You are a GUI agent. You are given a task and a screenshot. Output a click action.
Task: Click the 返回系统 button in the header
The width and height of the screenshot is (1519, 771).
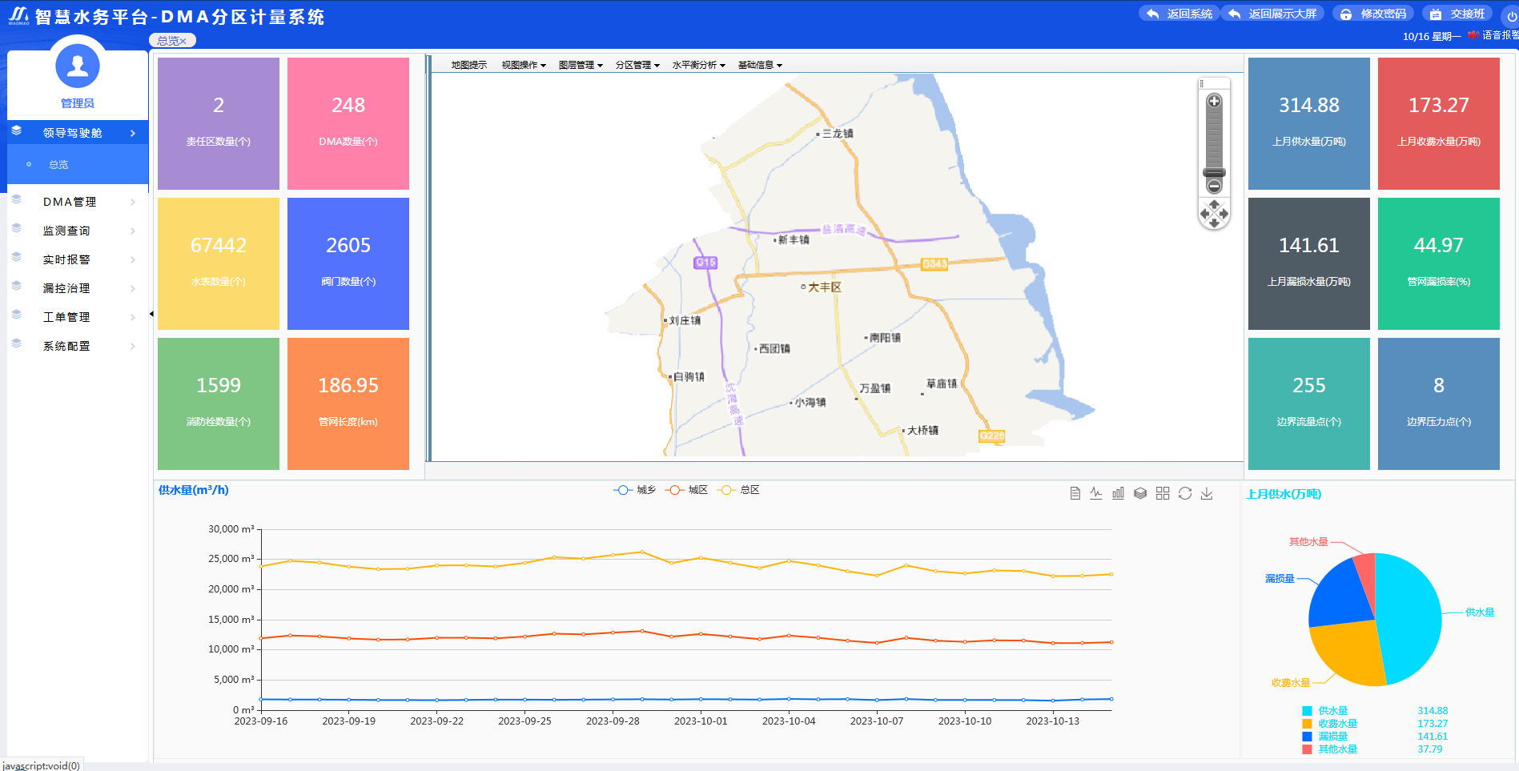[1179, 14]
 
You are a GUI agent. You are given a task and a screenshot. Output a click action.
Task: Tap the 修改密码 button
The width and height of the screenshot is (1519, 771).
[1374, 14]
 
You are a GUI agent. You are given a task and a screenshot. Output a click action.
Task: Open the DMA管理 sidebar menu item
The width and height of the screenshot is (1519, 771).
[70, 202]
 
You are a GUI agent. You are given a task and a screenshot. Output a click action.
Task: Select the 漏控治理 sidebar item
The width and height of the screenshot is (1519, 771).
[66, 288]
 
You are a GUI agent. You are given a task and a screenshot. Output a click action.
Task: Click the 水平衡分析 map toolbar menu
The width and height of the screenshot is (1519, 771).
[698, 65]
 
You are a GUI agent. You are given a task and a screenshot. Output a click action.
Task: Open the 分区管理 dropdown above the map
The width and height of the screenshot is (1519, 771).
[637, 65]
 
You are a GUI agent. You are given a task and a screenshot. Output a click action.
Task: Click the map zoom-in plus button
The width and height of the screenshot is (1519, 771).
[1214, 101]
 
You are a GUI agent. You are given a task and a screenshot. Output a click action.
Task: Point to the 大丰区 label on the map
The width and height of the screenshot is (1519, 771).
[824, 287]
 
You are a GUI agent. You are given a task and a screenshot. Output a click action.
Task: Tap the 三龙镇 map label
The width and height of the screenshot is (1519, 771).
[838, 134]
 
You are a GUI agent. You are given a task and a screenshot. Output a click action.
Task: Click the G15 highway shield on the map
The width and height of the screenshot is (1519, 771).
[705, 263]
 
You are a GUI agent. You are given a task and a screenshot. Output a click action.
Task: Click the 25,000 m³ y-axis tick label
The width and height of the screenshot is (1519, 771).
[231, 559]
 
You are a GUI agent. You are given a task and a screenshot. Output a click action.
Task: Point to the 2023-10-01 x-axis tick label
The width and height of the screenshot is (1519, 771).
[701, 721]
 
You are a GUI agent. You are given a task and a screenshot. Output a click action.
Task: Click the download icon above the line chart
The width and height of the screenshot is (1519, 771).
[1207, 493]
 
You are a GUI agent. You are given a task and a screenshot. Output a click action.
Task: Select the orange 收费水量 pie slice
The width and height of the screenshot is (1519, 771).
[1345, 653]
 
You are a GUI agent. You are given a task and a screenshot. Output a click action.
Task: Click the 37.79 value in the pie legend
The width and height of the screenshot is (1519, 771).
[1429, 749]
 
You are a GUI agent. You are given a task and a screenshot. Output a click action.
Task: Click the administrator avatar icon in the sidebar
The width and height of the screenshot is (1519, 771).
[78, 66]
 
